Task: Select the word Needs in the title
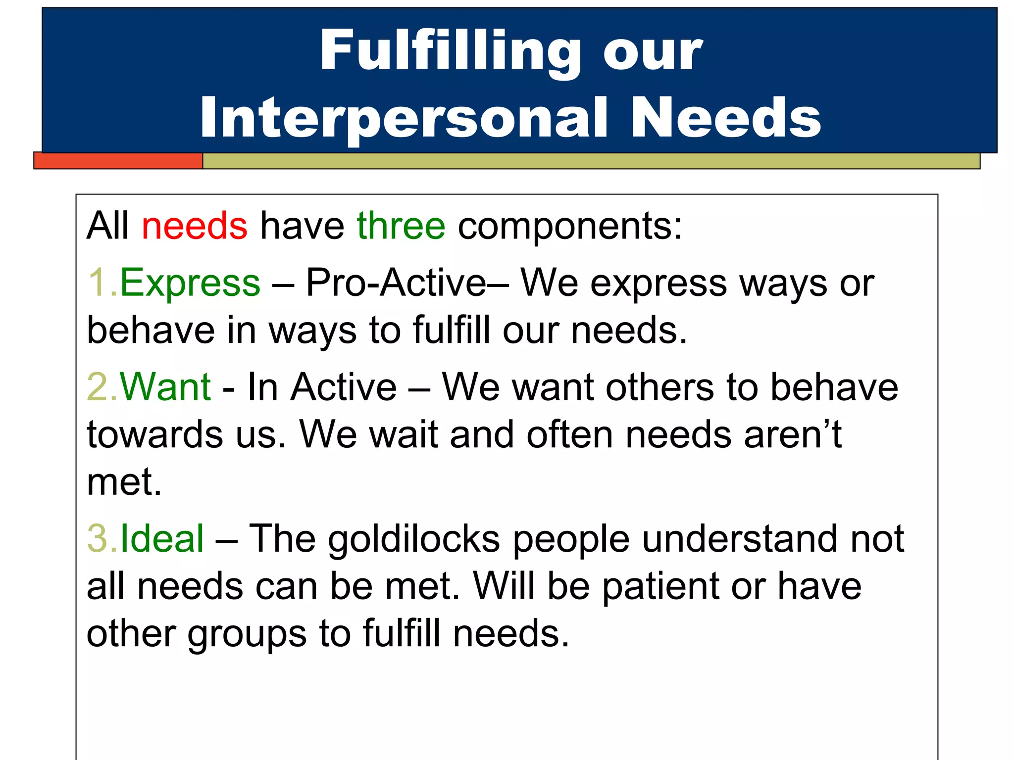(725, 118)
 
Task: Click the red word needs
(194, 226)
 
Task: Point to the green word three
(401, 226)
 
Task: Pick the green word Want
(165, 387)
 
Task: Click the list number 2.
(99, 387)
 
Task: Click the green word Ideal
(162, 538)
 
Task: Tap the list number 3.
(99, 538)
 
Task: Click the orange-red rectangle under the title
(118, 161)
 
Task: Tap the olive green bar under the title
(589, 161)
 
